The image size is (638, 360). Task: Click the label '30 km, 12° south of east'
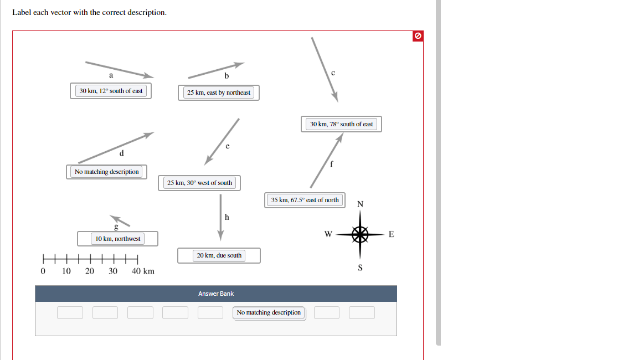coord(111,91)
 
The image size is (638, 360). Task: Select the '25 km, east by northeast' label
coord(218,92)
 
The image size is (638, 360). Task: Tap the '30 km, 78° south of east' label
coord(341,124)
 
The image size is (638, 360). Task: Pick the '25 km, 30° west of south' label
coord(199,183)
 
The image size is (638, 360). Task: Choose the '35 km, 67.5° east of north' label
coord(305,200)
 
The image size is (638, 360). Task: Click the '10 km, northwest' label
coord(117,239)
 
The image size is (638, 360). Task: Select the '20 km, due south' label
coord(219,255)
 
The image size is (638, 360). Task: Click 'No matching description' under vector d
coord(106,172)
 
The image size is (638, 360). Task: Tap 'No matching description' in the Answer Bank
coord(269,312)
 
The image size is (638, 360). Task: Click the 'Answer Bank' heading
coord(216,294)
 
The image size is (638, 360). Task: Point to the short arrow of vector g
coord(120,221)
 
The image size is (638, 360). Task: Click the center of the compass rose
coord(360,234)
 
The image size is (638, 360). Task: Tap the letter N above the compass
coord(360,204)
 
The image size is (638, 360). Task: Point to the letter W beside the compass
coord(328,234)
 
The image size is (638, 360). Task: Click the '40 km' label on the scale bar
coord(143,271)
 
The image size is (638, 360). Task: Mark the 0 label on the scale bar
coord(43,271)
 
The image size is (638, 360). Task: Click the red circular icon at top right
coord(418,36)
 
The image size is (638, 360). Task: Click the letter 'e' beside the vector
coord(227,146)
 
